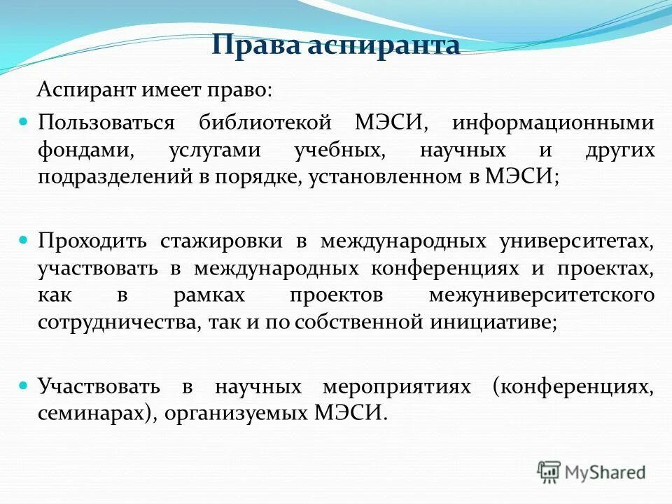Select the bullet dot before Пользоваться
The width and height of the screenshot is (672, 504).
click(x=22, y=122)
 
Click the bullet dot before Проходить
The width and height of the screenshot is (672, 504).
click(x=22, y=239)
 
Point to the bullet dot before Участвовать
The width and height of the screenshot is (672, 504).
click(x=22, y=385)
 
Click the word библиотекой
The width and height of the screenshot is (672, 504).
click(x=264, y=122)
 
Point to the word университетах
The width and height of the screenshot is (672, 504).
click(x=577, y=241)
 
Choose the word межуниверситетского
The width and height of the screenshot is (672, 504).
click(x=542, y=295)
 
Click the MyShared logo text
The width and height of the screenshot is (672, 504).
click(x=605, y=472)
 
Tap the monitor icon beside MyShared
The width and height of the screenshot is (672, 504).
click(x=549, y=472)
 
